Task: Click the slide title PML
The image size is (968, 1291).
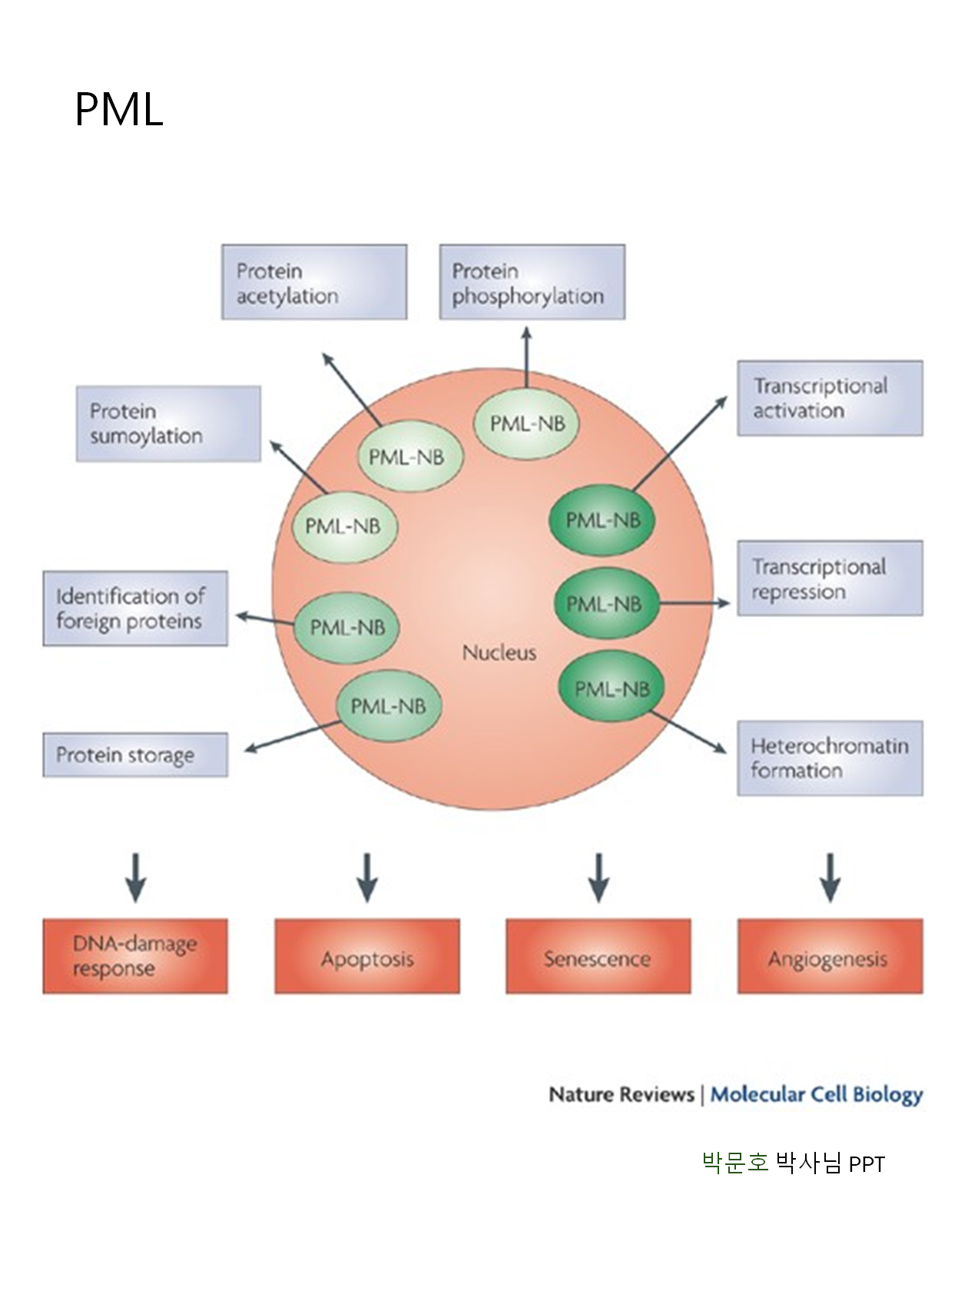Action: point(119,109)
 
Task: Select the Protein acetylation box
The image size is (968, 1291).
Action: point(314,282)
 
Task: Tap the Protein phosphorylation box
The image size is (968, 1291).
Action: point(532,282)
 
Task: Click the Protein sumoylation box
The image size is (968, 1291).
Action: point(169,423)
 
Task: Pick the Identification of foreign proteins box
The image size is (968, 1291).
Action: point(135,608)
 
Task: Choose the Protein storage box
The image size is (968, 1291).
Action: point(135,755)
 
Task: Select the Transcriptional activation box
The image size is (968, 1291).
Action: point(830,398)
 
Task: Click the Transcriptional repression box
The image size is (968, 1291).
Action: point(830,578)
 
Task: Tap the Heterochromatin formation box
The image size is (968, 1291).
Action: point(830,758)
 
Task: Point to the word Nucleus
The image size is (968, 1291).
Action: point(499,652)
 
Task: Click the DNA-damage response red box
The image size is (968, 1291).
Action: point(135,956)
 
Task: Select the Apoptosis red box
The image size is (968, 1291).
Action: point(367,956)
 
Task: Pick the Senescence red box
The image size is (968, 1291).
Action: point(598,956)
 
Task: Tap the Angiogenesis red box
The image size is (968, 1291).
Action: point(830,956)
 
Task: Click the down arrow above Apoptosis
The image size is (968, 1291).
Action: point(367,878)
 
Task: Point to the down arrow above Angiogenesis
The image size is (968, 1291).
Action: point(830,878)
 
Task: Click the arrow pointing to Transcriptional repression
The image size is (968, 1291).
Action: point(694,603)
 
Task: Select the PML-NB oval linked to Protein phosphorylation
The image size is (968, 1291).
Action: point(526,423)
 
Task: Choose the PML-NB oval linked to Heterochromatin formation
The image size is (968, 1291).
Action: point(612,686)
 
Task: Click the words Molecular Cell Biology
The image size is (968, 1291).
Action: point(817,1094)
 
